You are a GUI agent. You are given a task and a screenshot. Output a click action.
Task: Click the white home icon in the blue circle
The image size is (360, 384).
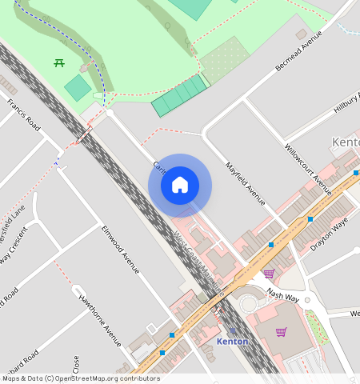180,185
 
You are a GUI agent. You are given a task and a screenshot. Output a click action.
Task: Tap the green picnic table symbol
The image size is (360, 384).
59,62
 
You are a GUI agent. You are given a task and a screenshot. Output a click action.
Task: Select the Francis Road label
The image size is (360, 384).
23,114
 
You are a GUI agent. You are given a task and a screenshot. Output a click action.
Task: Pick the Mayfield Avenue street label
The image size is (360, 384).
245,184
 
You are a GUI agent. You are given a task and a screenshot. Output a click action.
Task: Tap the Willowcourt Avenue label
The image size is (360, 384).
308,169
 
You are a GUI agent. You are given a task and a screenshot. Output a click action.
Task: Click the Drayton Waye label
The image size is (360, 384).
330,236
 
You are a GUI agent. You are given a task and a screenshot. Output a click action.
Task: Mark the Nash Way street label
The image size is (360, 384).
282,295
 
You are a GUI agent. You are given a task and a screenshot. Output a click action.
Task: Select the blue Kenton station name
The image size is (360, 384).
232,342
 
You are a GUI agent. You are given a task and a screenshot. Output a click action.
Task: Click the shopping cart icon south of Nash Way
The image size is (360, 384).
281,331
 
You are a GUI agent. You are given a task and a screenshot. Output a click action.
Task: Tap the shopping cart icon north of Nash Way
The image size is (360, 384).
269,274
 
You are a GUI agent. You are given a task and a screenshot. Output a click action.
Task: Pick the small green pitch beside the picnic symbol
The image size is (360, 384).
78,87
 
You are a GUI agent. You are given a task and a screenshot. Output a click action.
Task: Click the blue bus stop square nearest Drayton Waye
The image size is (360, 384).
310,218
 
